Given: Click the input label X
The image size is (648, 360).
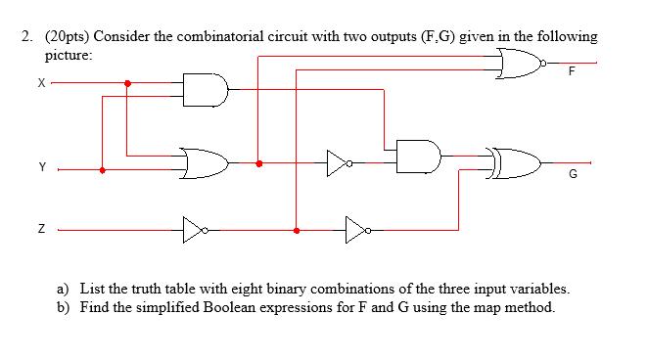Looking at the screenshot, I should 40,84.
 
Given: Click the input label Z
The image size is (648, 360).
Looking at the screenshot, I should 41,231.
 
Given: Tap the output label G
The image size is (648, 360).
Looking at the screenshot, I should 573,176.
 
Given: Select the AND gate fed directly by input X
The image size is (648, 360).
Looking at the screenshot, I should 206,91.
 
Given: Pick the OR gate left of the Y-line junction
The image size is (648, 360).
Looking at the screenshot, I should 204,162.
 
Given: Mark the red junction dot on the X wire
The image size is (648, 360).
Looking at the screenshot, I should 127,83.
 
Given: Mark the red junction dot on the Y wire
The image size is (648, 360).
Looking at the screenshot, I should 104,169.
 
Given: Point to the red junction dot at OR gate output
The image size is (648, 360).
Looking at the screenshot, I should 257,163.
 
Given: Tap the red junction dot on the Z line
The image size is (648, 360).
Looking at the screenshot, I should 296,231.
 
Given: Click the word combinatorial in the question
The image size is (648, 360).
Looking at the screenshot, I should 217,36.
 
